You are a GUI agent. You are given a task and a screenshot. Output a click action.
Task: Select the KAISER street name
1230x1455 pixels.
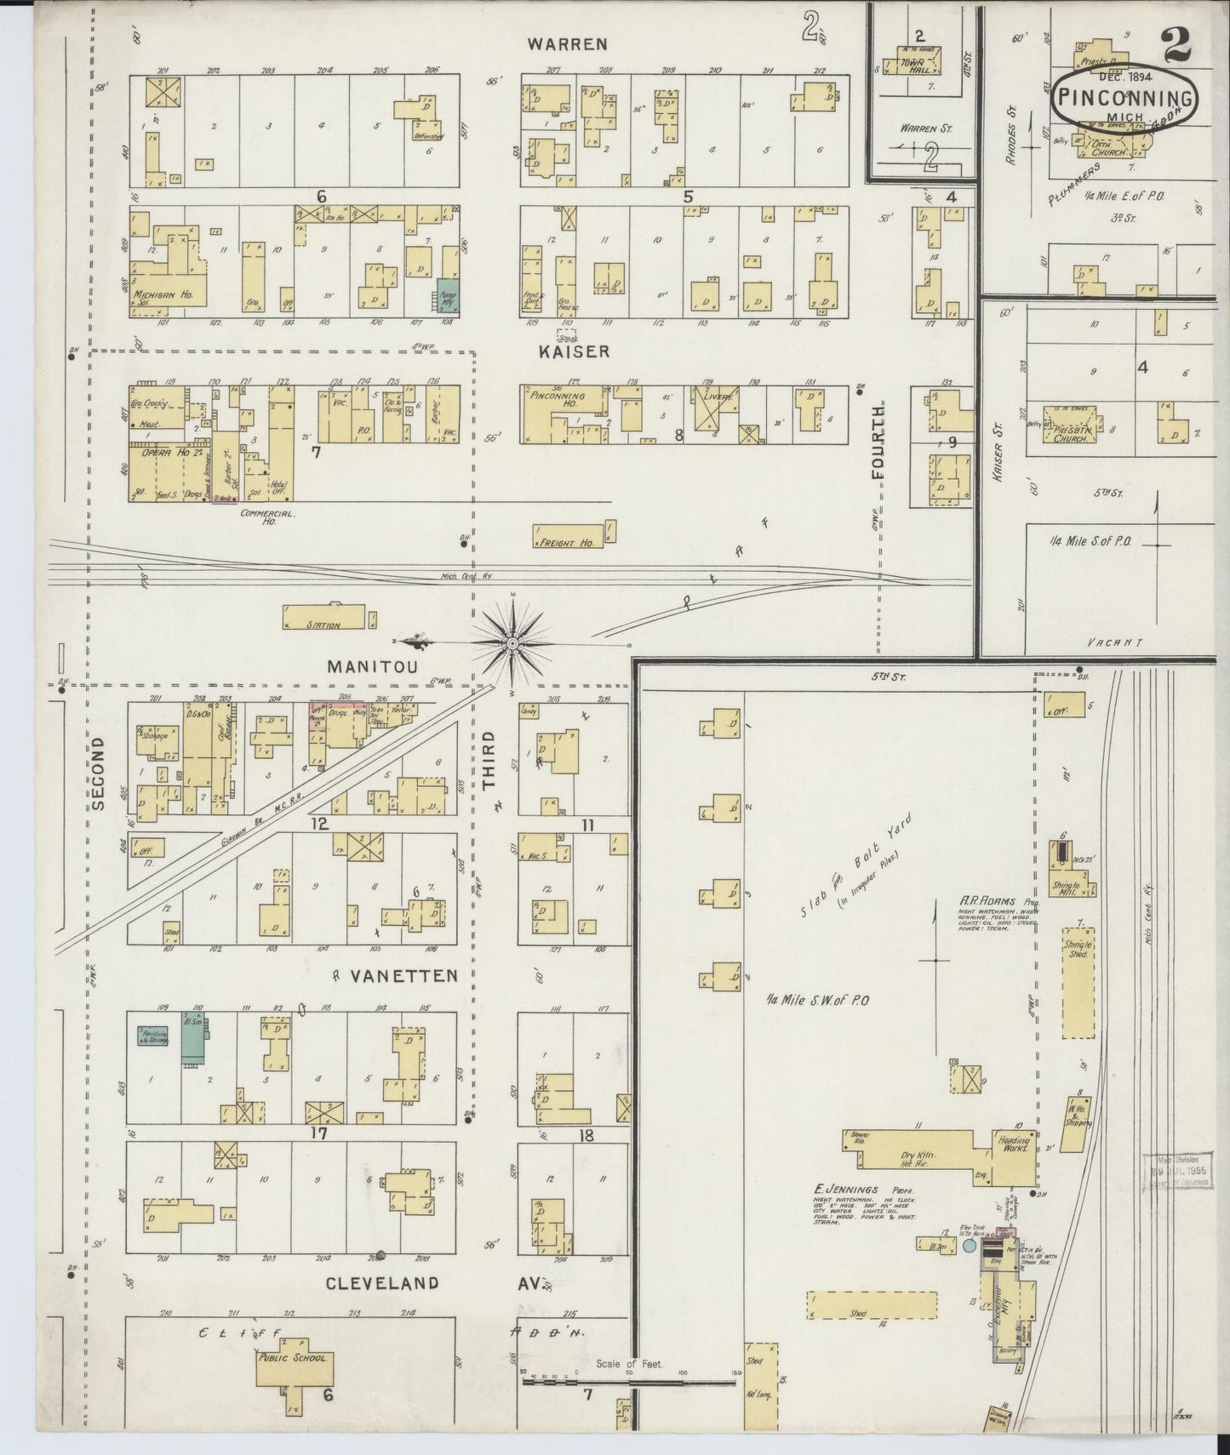(575, 351)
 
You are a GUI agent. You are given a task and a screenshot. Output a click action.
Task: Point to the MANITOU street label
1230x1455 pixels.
(373, 667)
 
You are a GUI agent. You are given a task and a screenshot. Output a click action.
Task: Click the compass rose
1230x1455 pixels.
(512, 644)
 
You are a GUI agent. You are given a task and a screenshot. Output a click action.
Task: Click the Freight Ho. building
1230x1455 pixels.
(568, 536)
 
